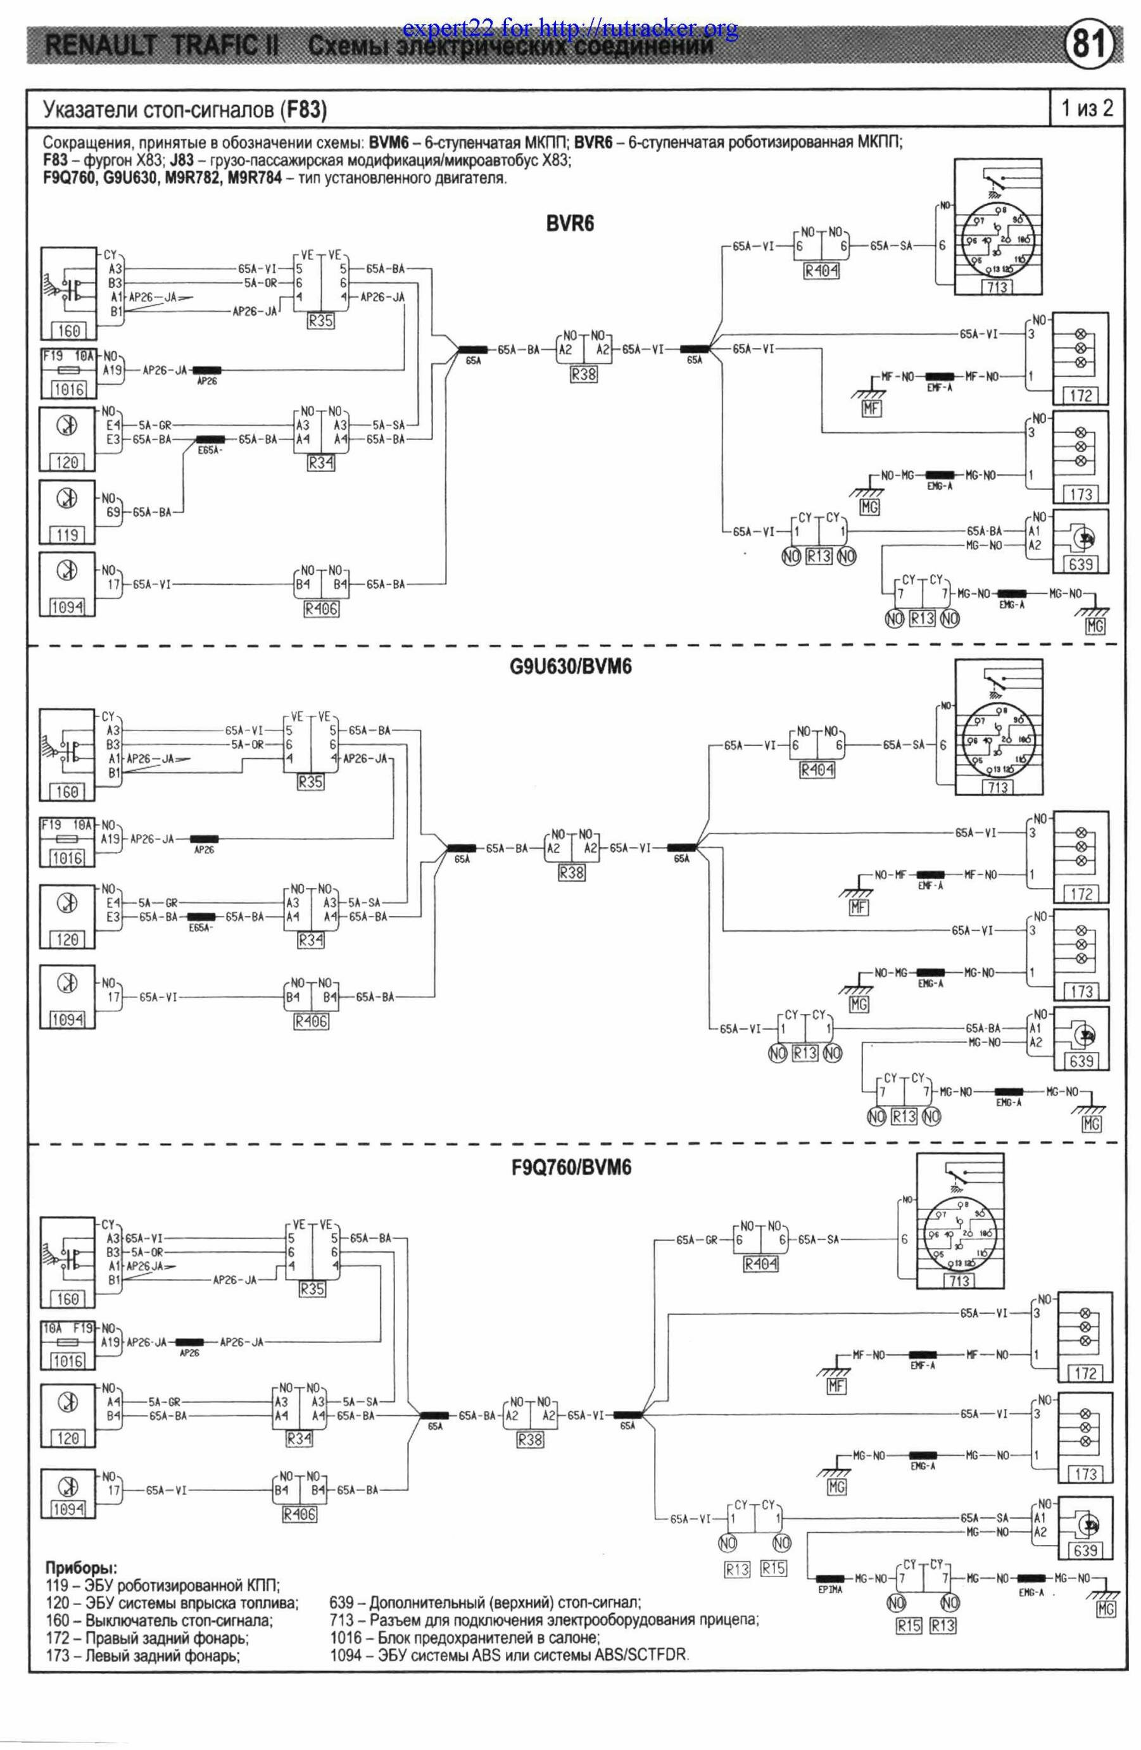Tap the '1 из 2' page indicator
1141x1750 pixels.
click(1087, 109)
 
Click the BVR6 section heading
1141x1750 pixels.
click(569, 224)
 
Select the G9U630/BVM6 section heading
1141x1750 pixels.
click(570, 668)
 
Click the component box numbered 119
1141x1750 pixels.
click(67, 535)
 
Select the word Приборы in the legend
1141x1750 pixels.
click(81, 1566)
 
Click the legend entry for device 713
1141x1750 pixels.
click(545, 1619)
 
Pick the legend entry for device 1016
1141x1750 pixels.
click(465, 1637)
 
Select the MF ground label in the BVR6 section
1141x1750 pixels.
click(871, 408)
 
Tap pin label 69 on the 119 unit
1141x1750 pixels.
click(113, 512)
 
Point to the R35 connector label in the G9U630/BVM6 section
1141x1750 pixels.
click(310, 782)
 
